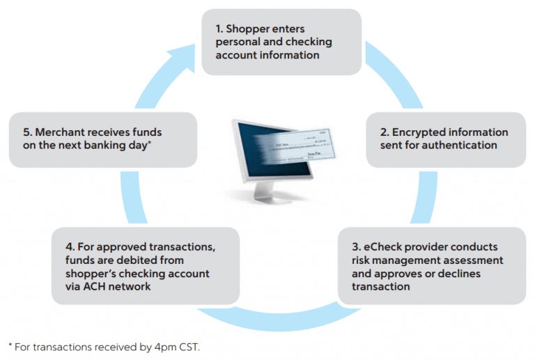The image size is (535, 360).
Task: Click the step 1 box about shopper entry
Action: point(281,42)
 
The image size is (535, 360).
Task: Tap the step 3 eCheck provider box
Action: point(431,265)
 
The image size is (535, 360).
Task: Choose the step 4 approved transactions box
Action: point(146,265)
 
